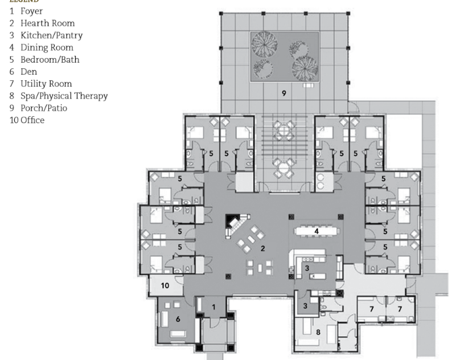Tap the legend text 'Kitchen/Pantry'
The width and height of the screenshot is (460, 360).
[52, 35]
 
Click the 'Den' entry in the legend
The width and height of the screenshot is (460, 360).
[28, 72]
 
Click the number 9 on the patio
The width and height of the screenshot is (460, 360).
[284, 93]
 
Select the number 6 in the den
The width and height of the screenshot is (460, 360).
[178, 320]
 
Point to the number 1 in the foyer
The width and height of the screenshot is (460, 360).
[213, 308]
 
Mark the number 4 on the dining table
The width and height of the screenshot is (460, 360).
[317, 231]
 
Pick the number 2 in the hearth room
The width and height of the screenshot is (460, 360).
[262, 248]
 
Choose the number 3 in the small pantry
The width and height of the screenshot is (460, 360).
[306, 306]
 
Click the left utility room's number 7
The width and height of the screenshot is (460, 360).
[371, 308]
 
